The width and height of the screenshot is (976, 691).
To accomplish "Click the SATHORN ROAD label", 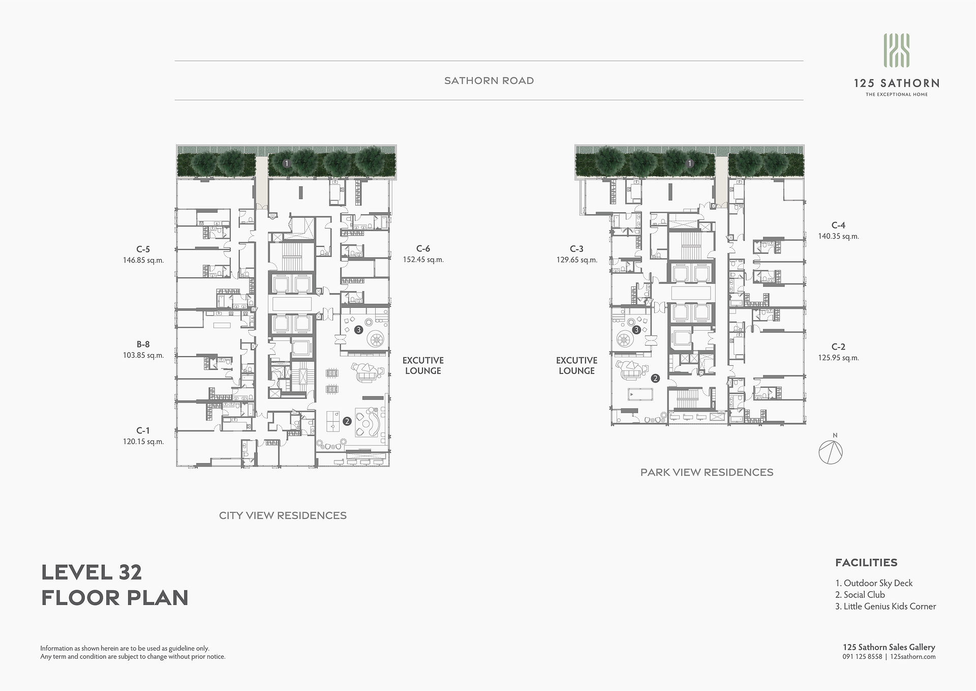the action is (489, 80).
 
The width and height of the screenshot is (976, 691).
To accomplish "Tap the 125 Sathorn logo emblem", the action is (896, 50).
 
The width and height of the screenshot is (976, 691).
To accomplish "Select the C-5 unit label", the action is (143, 249).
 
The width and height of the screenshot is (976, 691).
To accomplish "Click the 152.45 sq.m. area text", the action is (423, 260).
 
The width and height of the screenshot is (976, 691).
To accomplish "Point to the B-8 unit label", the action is (143, 344).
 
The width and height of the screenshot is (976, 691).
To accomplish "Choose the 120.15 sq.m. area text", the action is (143, 442).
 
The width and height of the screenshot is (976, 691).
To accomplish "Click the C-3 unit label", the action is (576, 249).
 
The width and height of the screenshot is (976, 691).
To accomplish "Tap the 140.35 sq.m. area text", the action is (838, 236).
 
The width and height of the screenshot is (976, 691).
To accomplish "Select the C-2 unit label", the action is (838, 347).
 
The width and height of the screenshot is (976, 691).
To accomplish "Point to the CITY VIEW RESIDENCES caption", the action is (283, 515).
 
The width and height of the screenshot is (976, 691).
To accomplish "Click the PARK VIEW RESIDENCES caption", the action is (707, 472).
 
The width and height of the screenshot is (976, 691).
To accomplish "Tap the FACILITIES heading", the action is (866, 563).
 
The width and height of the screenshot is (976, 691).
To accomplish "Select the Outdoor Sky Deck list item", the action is (874, 583).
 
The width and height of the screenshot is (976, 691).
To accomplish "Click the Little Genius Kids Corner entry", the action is (886, 606).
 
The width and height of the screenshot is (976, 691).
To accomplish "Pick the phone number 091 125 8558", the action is (862, 656).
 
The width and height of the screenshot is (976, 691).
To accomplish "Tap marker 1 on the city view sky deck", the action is (287, 163).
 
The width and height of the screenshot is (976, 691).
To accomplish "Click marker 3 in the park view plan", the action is (636, 330).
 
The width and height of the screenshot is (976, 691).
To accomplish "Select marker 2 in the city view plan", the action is (347, 421).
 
